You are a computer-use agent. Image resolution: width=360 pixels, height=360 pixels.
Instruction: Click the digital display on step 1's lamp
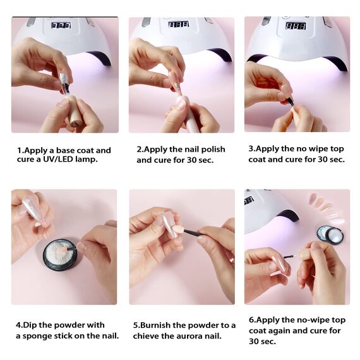click(61, 25)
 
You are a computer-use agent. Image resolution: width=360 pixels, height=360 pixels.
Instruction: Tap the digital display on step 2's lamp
click(178, 25)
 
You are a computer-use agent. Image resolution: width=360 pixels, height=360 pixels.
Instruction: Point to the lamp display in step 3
click(296, 26)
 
